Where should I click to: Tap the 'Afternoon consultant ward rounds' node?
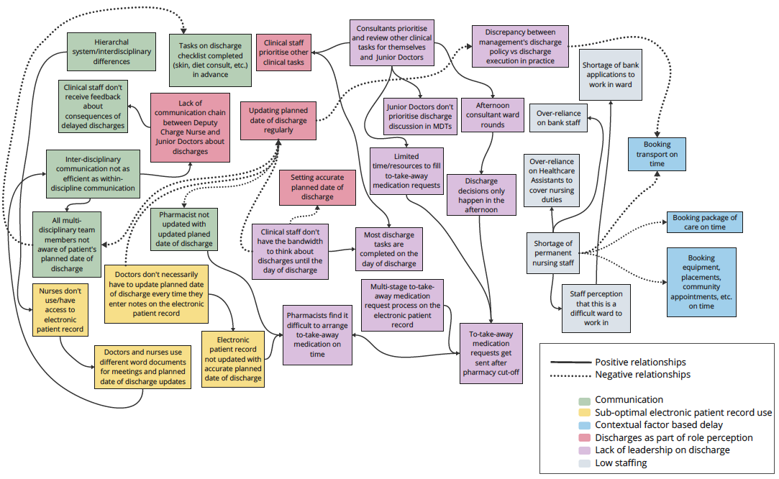point(492,115)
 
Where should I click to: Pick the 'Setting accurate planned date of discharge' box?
point(317,187)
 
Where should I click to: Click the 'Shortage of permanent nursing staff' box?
point(553,253)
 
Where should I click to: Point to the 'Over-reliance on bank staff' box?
point(558,118)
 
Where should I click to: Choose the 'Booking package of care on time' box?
point(703,222)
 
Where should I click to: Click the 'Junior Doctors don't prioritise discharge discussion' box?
point(419,116)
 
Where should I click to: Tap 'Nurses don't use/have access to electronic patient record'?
point(60,310)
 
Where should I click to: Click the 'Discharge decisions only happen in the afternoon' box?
point(480,195)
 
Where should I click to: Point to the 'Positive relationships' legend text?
point(640,362)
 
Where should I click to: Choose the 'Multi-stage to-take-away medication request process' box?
point(402,306)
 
